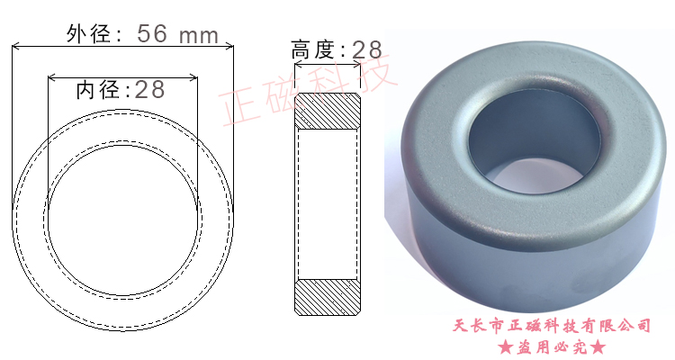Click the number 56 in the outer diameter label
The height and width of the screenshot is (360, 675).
coord(151,33)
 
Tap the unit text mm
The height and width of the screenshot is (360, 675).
coord(199,36)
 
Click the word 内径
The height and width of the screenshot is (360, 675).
coord(98,90)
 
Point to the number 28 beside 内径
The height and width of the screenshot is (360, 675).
coord(149,89)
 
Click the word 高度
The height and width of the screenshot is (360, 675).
coord(313,49)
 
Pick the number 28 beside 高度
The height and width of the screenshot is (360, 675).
coord(367,50)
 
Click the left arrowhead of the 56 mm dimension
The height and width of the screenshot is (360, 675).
coord(16,46)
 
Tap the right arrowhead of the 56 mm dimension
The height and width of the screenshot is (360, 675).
coord(229,46)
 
